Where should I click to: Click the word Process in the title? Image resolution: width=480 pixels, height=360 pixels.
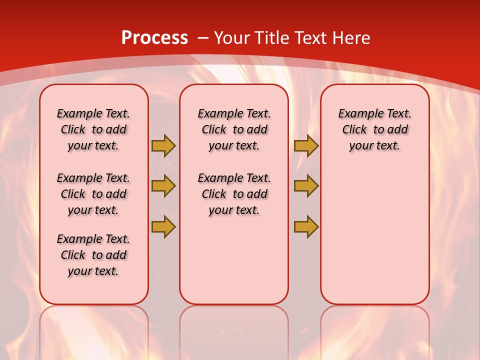(154, 38)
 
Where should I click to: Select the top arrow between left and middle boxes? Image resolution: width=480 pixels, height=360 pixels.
(163, 145)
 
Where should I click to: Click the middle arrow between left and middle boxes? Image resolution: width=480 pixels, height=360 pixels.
(163, 186)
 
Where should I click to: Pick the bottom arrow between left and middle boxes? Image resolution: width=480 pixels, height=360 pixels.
(163, 226)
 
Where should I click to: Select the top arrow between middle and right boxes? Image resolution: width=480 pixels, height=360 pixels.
(306, 145)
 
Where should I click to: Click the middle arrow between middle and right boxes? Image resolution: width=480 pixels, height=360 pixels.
(306, 186)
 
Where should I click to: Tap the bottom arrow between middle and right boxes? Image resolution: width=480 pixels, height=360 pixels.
(306, 226)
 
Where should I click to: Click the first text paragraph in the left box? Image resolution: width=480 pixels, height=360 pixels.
(93, 129)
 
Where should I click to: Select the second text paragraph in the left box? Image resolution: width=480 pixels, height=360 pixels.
(93, 194)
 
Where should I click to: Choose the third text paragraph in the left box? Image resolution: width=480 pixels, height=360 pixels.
(93, 255)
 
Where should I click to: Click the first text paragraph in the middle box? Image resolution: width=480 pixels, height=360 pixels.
(234, 129)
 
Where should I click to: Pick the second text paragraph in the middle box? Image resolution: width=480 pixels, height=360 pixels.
(234, 194)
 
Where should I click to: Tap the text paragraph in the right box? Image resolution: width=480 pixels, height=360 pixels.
(375, 129)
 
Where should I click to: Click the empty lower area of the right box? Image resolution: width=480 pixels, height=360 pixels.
(375, 235)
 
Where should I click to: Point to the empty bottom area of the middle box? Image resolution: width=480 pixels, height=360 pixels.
(234, 265)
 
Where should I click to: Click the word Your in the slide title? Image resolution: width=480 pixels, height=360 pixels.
(232, 38)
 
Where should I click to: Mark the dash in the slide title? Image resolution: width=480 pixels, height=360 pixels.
(202, 38)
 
